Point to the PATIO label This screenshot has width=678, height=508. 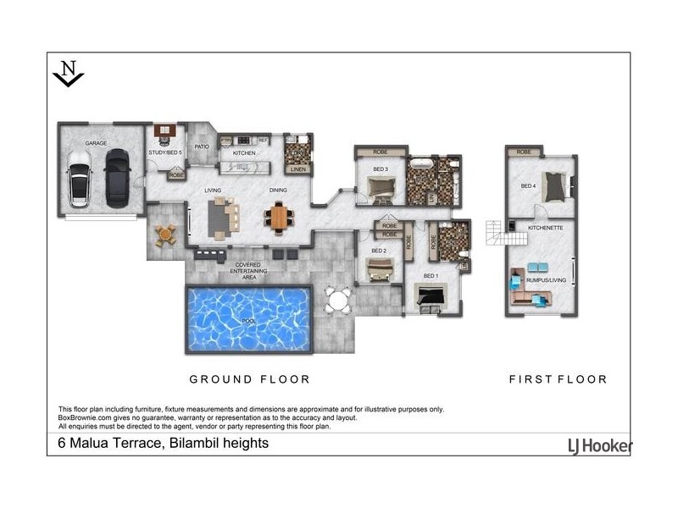(x=202, y=146)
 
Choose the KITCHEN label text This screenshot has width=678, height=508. (x=244, y=153)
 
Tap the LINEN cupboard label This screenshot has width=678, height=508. (x=297, y=169)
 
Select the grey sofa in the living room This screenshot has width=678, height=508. (x=220, y=218)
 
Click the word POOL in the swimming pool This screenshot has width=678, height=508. (x=247, y=322)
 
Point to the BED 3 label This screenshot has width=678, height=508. (x=379, y=169)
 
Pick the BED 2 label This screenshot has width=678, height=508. (x=379, y=251)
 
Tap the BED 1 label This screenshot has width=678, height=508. (x=431, y=276)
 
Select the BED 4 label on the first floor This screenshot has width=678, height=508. (x=528, y=186)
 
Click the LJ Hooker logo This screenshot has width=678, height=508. (x=598, y=445)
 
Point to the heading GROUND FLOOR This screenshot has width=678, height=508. (x=249, y=379)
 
